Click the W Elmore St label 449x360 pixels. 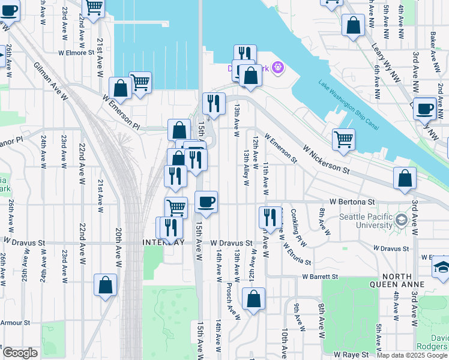pyautogui.click(x=76, y=52)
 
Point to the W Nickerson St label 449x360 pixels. pyautogui.click(x=326, y=159)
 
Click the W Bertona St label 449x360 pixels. pyautogui.click(x=352, y=202)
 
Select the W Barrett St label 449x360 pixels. pyautogui.click(x=320, y=277)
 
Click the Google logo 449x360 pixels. pyautogui.click(x=19, y=353)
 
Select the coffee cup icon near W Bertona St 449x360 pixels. pyautogui.click(x=206, y=202)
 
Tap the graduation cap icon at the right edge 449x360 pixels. pyautogui.click(x=442, y=268)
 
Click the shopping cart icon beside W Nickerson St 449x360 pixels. pyautogui.click(x=343, y=139)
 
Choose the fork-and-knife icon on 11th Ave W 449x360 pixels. pyautogui.click(x=270, y=217)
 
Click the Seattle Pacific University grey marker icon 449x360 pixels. pyautogui.click(x=414, y=220)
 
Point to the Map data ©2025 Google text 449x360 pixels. pyautogui.click(x=412, y=355)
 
